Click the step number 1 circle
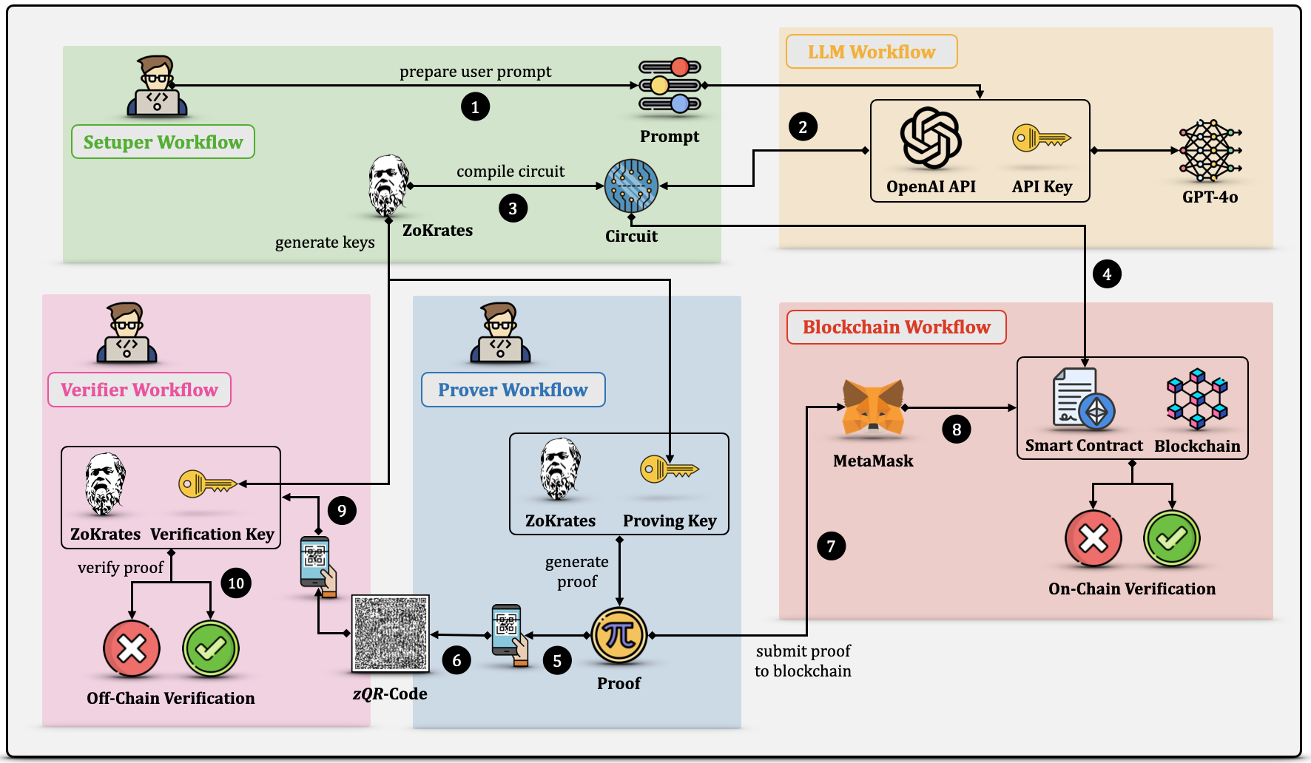click(475, 106)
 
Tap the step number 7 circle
click(831, 546)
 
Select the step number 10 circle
click(236, 583)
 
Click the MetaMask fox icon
click(873, 406)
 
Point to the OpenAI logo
click(931, 138)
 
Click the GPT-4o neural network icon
click(1210, 151)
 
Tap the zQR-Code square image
click(391, 634)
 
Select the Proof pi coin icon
click(619, 635)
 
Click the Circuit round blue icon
click(631, 186)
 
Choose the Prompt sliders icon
click(670, 86)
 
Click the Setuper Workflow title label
click(163, 142)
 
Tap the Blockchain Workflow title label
click(896, 327)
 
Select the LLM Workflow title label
click(872, 52)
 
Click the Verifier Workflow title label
click(139, 390)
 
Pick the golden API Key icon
click(1042, 138)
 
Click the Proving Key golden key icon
click(670, 469)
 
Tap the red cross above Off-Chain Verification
click(132, 649)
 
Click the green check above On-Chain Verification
click(1172, 538)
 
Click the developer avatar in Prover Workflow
click(500, 333)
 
